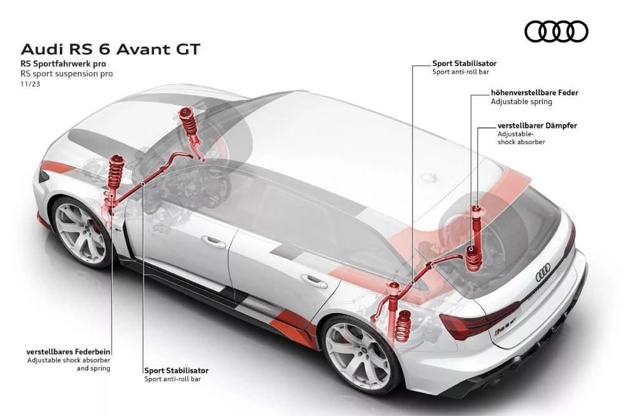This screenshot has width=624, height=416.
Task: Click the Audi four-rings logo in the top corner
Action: click(x=556, y=31)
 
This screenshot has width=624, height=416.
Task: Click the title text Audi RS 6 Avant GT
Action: click(x=111, y=49)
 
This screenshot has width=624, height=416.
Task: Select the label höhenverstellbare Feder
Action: click(x=534, y=92)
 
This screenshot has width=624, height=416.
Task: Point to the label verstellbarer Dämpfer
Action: click(x=537, y=125)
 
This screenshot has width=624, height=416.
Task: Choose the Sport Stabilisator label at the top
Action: click(x=464, y=63)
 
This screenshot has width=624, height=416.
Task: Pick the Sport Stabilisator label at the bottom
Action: click(x=176, y=370)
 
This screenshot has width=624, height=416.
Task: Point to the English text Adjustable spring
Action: click(x=518, y=101)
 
